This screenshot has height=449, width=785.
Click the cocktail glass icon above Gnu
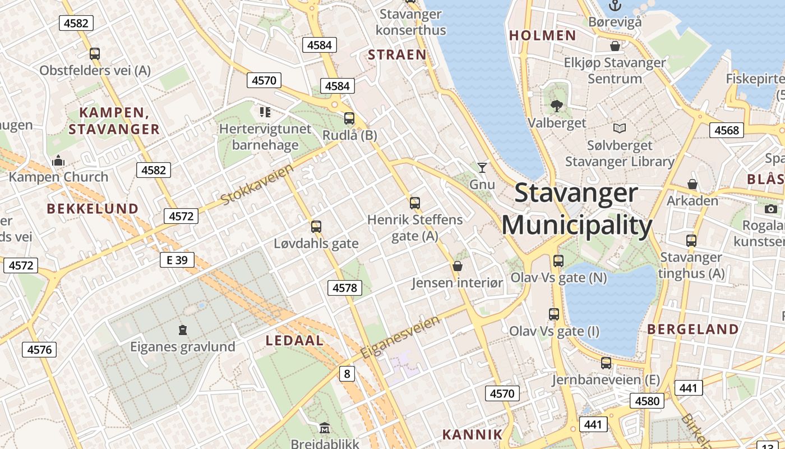coord(482,167)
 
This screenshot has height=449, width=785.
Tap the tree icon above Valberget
coord(557,105)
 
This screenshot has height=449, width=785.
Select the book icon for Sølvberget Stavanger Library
coord(620,129)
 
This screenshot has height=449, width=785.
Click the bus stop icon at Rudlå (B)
coord(349,118)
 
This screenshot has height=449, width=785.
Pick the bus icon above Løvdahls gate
coord(316,227)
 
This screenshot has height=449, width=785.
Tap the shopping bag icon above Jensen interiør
coord(458,266)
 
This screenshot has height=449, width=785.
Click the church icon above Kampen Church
coord(58,161)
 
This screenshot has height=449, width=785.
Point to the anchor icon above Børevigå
coord(615,6)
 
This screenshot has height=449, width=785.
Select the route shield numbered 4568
coord(727,130)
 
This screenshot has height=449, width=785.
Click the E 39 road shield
coord(177,260)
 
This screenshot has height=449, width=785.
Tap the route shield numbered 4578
coord(345,288)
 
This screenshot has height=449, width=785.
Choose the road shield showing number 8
coord(347,373)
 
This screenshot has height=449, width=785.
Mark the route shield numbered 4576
coord(40,350)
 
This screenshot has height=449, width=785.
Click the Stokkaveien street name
coord(257,185)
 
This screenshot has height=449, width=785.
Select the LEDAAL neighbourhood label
coord(294,341)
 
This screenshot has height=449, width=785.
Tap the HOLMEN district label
coord(542,36)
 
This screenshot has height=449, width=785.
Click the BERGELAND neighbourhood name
coord(693,329)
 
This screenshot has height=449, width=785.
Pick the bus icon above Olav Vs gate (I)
coord(554,314)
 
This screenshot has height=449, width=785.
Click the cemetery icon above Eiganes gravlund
coord(182,329)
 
